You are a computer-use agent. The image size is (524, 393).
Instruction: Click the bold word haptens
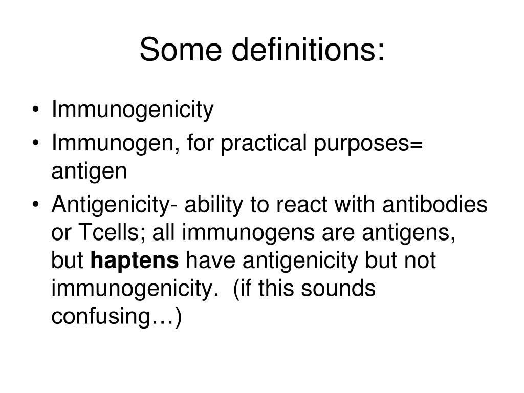click(x=135, y=261)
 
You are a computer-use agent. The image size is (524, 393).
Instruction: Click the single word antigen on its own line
click(x=89, y=171)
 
